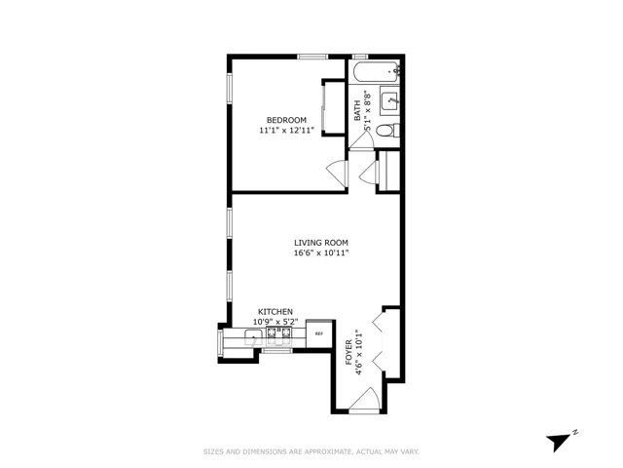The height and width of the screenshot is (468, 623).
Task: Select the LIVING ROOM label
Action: [x=321, y=243]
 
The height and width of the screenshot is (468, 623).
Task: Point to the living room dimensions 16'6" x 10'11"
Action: [x=321, y=253]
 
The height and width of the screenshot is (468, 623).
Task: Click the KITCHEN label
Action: [x=274, y=312]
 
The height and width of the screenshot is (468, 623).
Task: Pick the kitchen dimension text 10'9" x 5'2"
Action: [x=274, y=322]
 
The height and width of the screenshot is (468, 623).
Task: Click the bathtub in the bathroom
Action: [x=376, y=71]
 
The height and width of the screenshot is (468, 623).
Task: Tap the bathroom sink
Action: [x=390, y=98]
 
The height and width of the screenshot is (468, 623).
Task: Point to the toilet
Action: [x=386, y=130]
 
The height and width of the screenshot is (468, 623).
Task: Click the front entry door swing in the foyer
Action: [x=365, y=399]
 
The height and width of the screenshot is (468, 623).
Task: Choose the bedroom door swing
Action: [x=337, y=174]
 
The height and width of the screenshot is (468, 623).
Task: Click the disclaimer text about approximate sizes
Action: [x=311, y=451]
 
